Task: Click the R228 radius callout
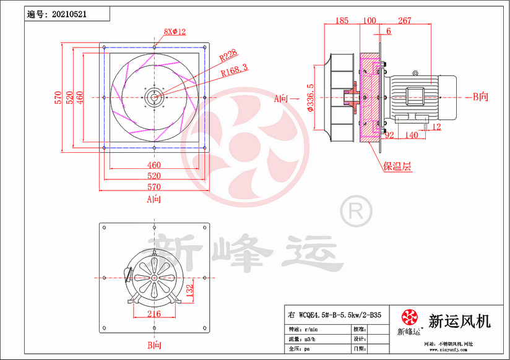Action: [x=228, y=56]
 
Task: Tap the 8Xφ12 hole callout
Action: [x=175, y=32]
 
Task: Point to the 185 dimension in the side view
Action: [x=342, y=21]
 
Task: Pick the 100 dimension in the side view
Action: [x=369, y=21]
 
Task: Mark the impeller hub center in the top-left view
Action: [x=153, y=97]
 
